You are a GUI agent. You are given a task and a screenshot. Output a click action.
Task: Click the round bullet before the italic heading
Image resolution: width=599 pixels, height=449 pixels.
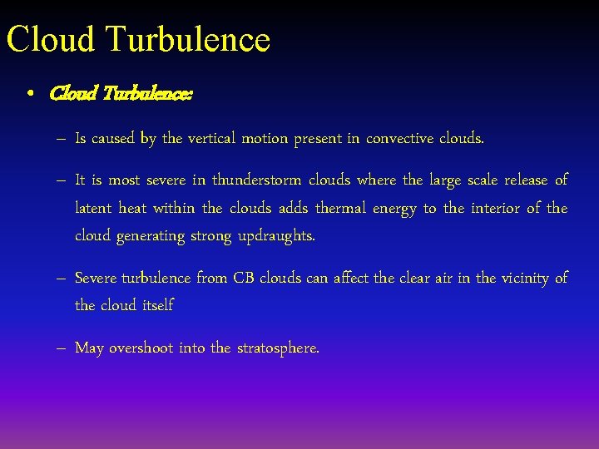click(30, 95)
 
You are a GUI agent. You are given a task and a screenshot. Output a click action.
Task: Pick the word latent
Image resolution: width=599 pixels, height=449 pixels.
click(93, 208)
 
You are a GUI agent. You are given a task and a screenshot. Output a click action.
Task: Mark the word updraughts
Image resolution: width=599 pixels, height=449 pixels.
click(276, 237)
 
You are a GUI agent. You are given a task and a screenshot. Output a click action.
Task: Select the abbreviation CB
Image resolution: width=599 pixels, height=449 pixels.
click(243, 278)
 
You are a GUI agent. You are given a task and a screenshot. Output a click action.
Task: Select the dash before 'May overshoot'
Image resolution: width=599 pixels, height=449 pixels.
click(62, 348)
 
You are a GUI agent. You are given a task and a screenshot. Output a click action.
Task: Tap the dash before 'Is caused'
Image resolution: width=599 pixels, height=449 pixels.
click(62, 139)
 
